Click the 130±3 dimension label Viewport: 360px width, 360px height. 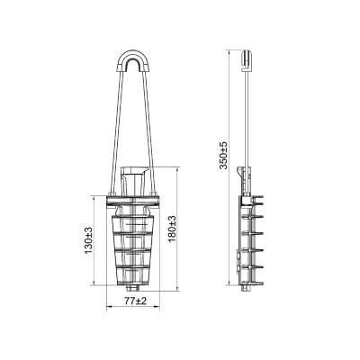click(89, 240)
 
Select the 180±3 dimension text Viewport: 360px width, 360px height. click(172, 229)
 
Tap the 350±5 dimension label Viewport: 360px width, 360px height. click(223, 155)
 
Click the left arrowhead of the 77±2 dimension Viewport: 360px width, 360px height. click(109, 307)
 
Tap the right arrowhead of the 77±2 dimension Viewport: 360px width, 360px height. click(157, 307)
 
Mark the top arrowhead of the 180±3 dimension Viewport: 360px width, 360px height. click(178, 169)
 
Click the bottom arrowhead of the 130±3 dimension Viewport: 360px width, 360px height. click(94, 283)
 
